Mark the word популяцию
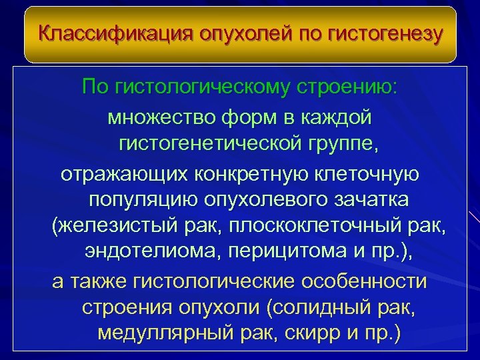coord(139,201)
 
